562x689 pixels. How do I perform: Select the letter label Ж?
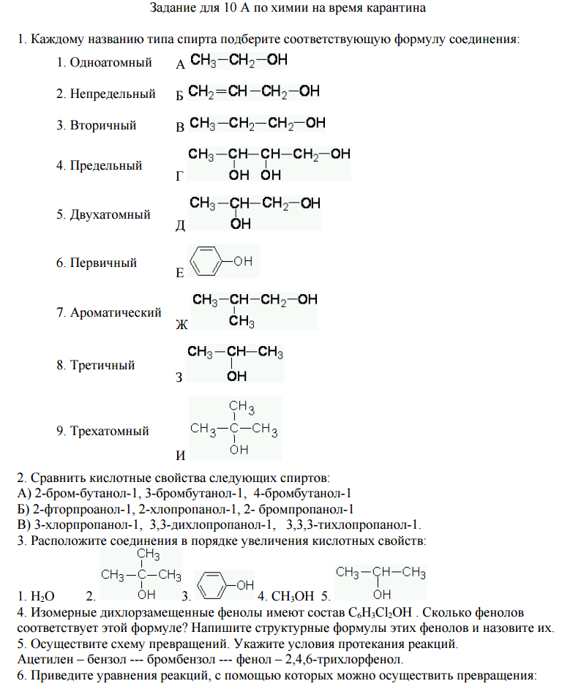click(x=181, y=324)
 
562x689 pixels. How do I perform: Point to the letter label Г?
click(x=180, y=176)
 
